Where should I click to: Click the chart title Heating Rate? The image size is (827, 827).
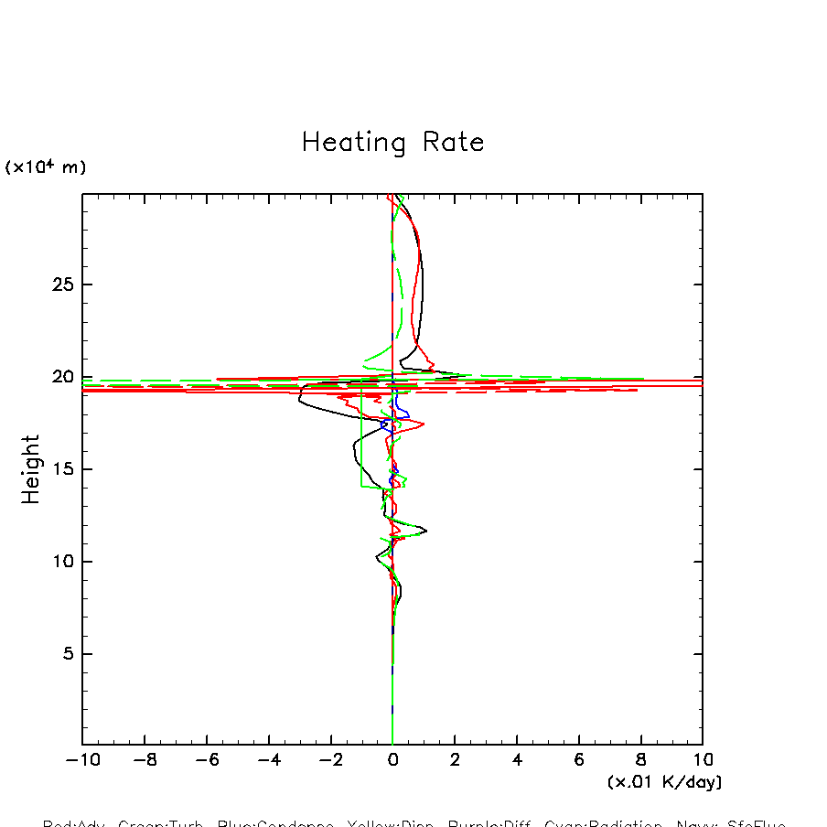tap(392, 143)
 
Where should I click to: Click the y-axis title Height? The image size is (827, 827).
tap(31, 469)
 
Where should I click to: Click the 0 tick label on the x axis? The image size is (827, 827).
tap(392, 759)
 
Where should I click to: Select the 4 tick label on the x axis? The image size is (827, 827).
tap(517, 759)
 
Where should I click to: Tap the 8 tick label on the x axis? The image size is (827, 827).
tap(640, 759)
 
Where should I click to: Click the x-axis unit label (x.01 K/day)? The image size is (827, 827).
tap(664, 782)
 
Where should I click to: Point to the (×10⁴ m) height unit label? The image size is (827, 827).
tap(46, 167)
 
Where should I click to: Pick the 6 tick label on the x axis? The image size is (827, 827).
tap(579, 759)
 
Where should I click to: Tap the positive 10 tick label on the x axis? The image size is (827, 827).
tap(703, 759)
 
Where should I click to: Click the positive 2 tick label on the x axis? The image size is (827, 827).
tap(455, 759)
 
